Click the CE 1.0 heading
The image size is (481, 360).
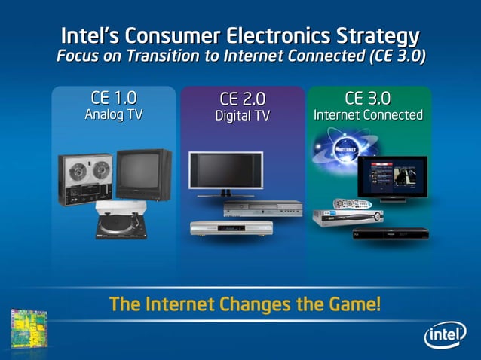114,98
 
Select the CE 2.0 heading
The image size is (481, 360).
242,99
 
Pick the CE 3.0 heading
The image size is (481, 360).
368,98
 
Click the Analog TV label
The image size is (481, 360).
114,115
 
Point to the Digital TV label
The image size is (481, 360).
242,117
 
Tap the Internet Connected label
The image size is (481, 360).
368,115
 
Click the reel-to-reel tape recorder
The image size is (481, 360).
84,177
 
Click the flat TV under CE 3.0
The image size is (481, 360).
392,179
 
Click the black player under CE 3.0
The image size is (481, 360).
391,233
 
